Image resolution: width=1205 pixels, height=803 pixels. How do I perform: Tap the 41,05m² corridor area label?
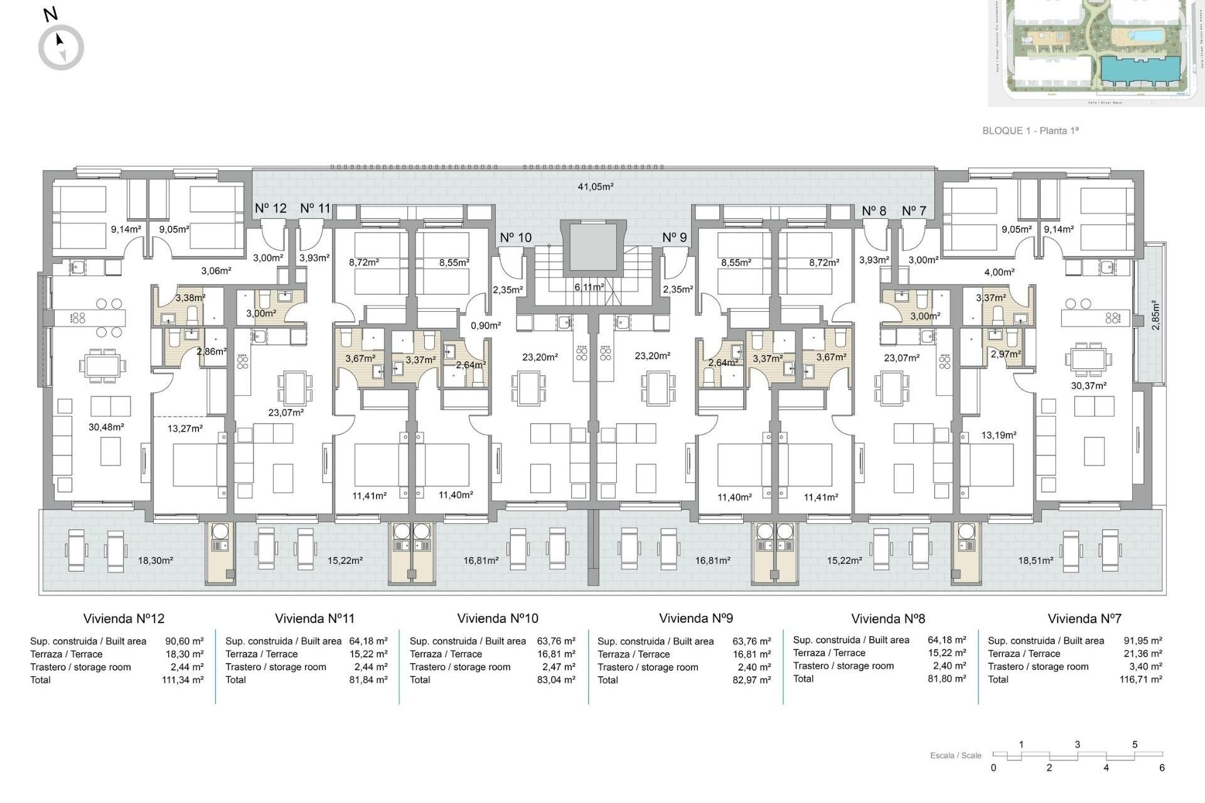595,186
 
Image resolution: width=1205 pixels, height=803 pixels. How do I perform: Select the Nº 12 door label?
270,208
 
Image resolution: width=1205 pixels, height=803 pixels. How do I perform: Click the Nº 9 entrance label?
674,237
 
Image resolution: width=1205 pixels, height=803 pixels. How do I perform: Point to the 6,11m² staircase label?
589,287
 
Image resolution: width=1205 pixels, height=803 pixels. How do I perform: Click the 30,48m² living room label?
106,427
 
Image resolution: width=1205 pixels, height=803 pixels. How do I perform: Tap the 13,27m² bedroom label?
185,428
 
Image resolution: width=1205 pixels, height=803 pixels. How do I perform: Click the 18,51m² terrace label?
1036,560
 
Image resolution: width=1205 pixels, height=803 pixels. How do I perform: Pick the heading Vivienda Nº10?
498,619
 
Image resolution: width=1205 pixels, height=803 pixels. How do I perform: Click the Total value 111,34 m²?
183,680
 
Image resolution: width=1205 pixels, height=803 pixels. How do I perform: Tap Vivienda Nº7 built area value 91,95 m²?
1142,641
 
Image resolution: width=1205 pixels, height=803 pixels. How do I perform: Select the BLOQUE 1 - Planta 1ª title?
1031,130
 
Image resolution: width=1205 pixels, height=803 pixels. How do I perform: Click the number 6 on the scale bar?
1162,768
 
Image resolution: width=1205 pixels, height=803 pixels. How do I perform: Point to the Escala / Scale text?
955,755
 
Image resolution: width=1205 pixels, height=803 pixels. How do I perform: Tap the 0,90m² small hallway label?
486,326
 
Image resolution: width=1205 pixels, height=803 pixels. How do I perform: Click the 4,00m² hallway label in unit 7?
999,272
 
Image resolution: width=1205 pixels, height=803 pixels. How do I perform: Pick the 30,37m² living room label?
1088,386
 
